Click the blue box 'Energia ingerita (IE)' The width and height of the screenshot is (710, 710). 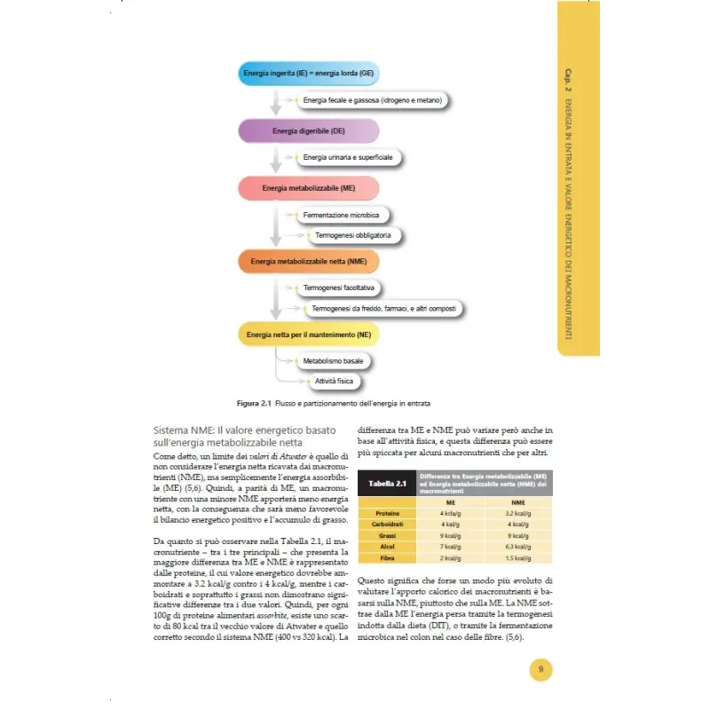tap(308, 72)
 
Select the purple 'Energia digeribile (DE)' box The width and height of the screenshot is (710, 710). tap(308, 131)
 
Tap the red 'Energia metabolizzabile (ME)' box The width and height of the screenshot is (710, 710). tap(308, 188)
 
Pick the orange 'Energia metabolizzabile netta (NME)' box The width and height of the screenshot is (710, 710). tap(308, 262)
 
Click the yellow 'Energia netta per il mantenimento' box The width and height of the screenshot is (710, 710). tap(308, 335)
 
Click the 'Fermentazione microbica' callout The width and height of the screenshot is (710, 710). tap(342, 216)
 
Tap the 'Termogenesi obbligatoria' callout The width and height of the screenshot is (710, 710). tap(352, 235)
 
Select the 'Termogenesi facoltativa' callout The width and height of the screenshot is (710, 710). tap(338, 289)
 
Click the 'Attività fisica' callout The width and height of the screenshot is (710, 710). tap(334, 382)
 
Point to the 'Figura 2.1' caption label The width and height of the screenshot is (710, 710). tap(253, 403)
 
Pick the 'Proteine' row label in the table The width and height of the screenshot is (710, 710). tap(387, 513)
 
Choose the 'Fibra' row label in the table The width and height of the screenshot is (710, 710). tap(387, 558)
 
